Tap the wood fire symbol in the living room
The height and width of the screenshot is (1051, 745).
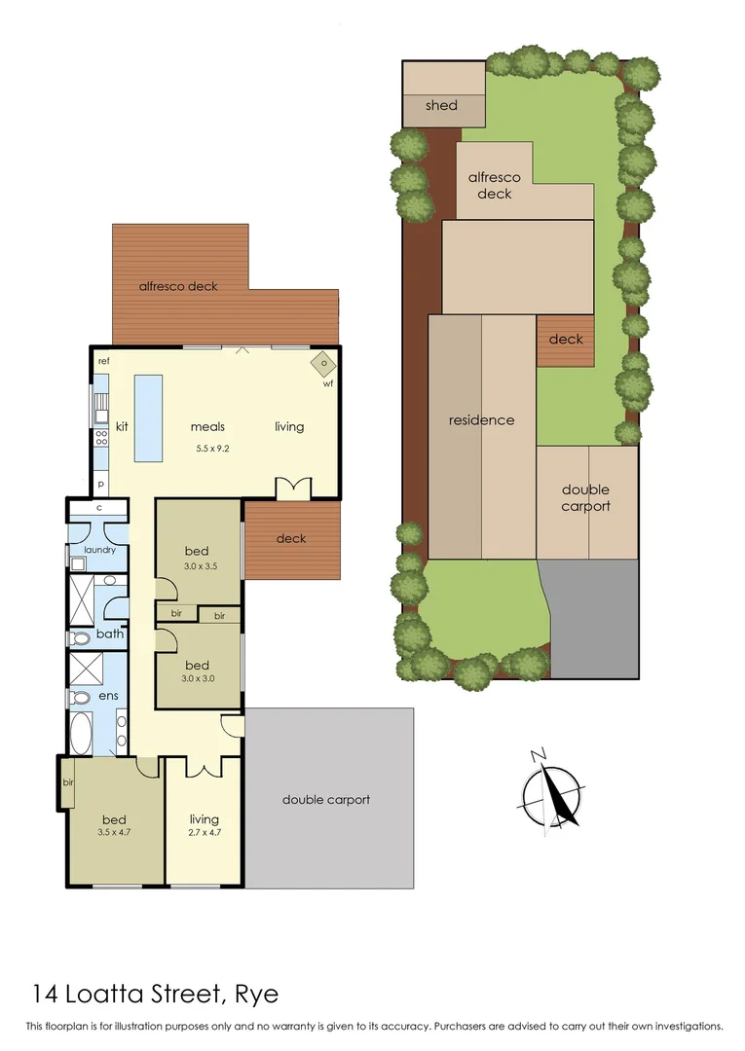click(324, 364)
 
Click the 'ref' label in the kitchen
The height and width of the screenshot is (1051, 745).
click(103, 362)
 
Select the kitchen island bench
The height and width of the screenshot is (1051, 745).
click(146, 419)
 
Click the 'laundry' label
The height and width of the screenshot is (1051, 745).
click(99, 550)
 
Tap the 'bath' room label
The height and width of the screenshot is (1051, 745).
click(109, 634)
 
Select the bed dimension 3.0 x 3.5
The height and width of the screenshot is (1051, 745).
click(199, 566)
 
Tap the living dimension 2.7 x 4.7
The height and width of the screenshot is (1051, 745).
click(205, 832)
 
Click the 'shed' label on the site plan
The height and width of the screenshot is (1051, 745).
click(441, 105)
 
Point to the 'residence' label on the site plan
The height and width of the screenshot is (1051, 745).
click(481, 420)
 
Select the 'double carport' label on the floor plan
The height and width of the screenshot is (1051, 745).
click(326, 800)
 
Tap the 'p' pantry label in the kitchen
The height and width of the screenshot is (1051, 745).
click(100, 484)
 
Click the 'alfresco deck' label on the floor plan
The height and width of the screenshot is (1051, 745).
click(178, 286)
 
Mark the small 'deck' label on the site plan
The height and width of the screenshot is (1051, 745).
click(566, 339)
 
